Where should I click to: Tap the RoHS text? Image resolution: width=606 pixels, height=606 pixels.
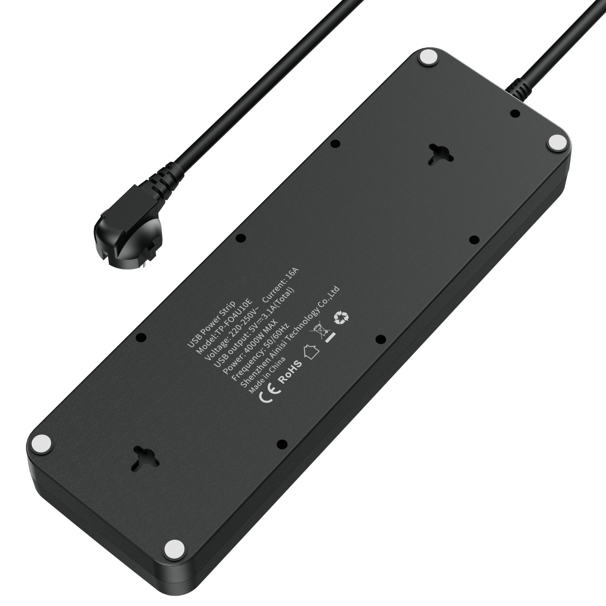pos(291,372)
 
